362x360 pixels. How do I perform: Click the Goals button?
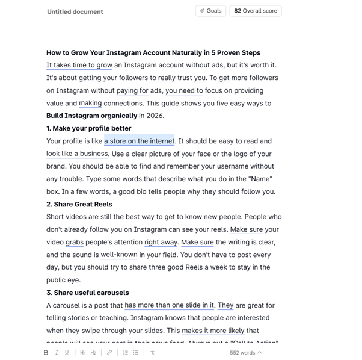pyautogui.click(x=210, y=11)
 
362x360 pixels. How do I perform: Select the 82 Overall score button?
pyautogui.click(x=256, y=11)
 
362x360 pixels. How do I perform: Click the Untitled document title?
pyautogui.click(x=75, y=11)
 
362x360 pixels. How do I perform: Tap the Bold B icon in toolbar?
pyautogui.click(x=46, y=353)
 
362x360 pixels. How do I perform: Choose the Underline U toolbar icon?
pyautogui.click(x=67, y=353)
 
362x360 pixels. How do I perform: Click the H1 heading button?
pyautogui.click(x=83, y=353)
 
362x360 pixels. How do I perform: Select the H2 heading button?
pyautogui.click(x=93, y=353)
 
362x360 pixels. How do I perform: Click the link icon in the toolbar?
pyautogui.click(x=109, y=353)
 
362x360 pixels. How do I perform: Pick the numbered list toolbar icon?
pyautogui.click(x=126, y=353)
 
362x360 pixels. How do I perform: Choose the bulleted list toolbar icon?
pyautogui.click(x=136, y=353)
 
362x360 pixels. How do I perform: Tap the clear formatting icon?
pyautogui.click(x=153, y=353)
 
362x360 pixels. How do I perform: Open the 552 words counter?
pyautogui.click(x=246, y=353)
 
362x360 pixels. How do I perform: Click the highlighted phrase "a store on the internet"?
pyautogui.click(x=139, y=141)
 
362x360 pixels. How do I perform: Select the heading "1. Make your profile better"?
pyautogui.click(x=89, y=128)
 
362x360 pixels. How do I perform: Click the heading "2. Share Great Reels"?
pyautogui.click(x=79, y=204)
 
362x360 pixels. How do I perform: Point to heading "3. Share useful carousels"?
pyautogui.click(x=88, y=293)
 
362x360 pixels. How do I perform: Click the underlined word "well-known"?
pyautogui.click(x=119, y=255)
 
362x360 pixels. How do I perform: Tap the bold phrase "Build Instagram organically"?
pyautogui.click(x=92, y=116)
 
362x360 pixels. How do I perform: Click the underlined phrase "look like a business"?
pyautogui.click(x=77, y=154)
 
